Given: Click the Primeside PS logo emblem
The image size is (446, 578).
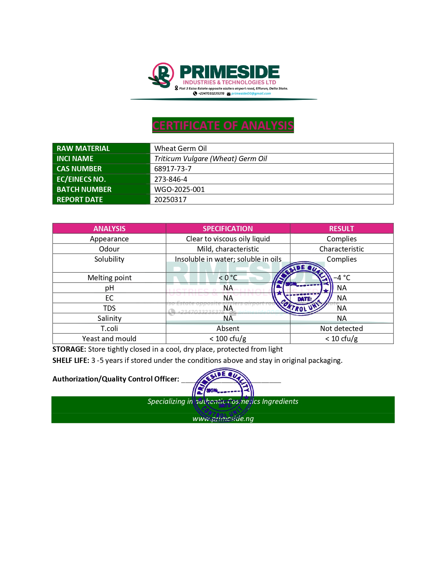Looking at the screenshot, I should [x=162, y=75].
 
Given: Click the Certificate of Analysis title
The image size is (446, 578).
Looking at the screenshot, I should [x=223, y=125].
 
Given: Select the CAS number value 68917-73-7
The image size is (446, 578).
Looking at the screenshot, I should [x=173, y=169].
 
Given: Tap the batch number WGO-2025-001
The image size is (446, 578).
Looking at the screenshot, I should [x=179, y=190].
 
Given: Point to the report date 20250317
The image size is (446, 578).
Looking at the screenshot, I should [x=170, y=200].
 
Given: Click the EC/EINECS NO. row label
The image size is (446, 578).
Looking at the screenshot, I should [x=81, y=179].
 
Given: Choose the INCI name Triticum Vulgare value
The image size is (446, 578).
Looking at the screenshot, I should [x=211, y=159].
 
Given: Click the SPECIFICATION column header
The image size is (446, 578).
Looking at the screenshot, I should [x=228, y=229].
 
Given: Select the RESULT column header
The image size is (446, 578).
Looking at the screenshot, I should [x=341, y=229].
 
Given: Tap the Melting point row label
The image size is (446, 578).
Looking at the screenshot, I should [x=109, y=278].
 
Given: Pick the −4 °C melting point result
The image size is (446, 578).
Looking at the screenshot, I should [x=342, y=278].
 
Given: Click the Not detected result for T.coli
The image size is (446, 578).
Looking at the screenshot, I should [x=341, y=329].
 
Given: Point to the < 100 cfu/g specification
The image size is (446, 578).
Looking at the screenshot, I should [x=228, y=339].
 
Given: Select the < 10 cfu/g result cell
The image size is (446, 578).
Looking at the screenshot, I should [x=341, y=339].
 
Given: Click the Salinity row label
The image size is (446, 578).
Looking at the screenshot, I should [x=109, y=318].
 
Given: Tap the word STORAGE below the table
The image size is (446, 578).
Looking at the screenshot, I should [x=69, y=349].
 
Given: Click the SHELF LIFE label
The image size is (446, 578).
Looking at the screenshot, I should [x=71, y=360].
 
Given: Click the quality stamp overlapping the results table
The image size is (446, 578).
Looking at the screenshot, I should [x=302, y=289].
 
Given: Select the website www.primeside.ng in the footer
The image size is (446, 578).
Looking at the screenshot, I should [x=223, y=419].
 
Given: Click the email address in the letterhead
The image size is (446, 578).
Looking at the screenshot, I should [x=251, y=94].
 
